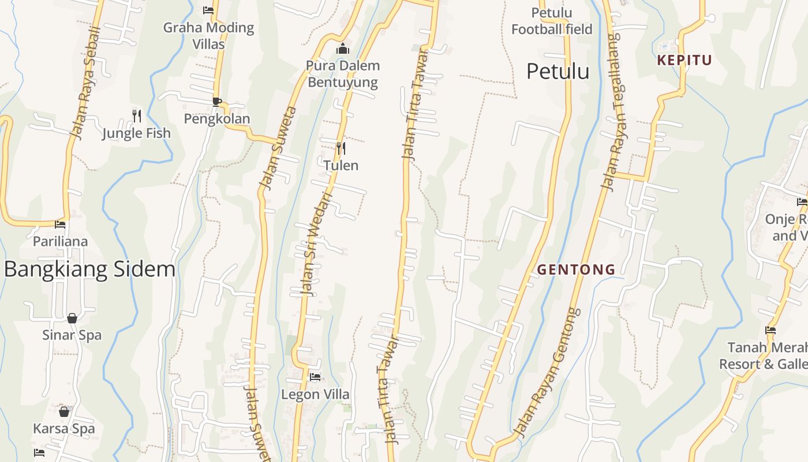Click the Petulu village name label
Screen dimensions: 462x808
click(558, 72)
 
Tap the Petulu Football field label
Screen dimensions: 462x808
click(552, 21)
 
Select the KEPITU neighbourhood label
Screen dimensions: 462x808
click(684, 60)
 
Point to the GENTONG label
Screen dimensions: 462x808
click(576, 269)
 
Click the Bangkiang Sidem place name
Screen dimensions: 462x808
click(89, 269)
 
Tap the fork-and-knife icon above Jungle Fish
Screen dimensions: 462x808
click(137, 115)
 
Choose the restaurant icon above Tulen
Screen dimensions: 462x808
click(341, 148)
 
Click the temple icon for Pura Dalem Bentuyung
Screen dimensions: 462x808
click(343, 49)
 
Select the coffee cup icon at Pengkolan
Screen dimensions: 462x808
click(217, 102)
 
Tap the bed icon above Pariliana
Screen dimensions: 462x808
click(60, 224)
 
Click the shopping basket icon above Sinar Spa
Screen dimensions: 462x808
click(72, 318)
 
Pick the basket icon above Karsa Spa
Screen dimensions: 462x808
click(64, 412)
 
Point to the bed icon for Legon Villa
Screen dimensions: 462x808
click(315, 377)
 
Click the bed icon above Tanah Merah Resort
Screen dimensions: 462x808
click(770, 330)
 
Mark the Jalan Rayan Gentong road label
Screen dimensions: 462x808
click(546, 372)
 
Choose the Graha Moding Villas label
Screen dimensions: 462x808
click(208, 35)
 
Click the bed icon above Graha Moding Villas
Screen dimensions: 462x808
click(208, 10)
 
